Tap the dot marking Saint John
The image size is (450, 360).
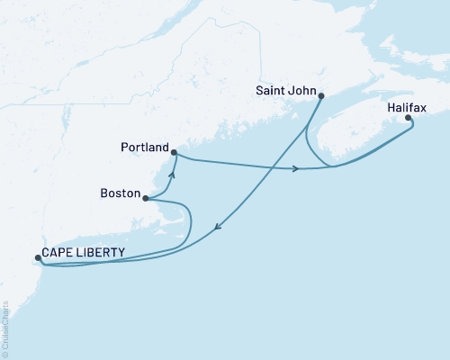coord(321,95)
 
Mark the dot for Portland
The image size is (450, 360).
coord(174,153)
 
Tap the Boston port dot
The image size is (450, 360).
coord(146,199)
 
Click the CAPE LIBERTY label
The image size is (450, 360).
coord(82,253)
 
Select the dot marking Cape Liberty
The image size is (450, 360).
coord(38,258)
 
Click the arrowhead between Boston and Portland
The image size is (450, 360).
coord(171,176)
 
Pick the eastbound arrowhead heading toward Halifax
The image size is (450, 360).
coord(296,168)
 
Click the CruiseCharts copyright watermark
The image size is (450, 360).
coord(5,323)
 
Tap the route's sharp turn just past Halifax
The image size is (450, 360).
coord(413,126)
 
